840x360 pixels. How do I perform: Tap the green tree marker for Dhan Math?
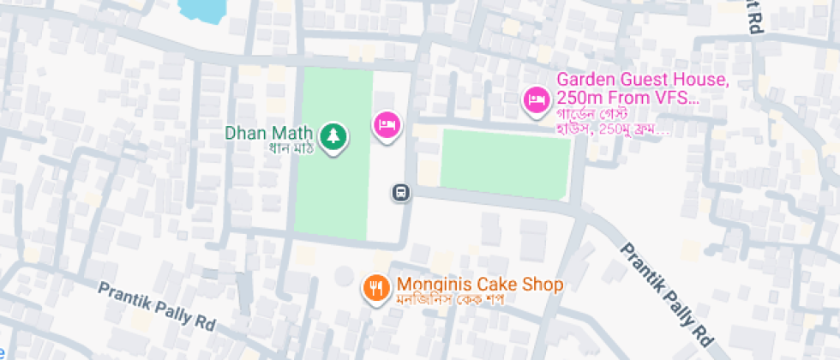click(332, 136)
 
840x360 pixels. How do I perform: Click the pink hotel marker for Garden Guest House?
click(537, 100)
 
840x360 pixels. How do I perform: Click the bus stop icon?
click(400, 192)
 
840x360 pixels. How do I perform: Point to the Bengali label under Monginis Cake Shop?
click(447, 301)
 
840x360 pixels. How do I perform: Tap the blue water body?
click(203, 9)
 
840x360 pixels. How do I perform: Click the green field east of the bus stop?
click(505, 163)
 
